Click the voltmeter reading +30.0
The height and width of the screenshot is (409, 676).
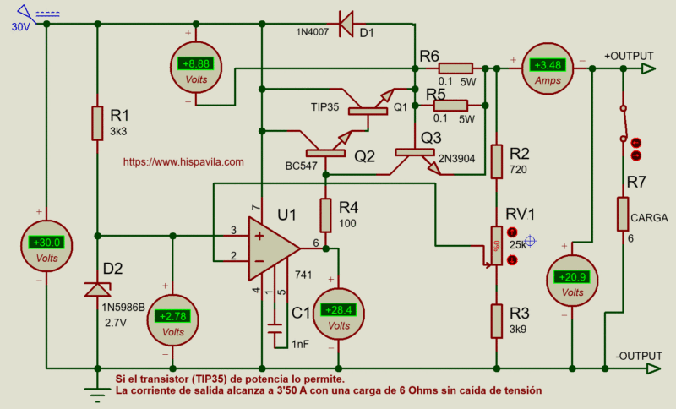coord(46,246)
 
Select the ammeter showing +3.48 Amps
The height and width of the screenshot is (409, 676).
coord(548,68)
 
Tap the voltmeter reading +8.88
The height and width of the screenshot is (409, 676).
coord(196,68)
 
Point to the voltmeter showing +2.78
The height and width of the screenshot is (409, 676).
coord(173,320)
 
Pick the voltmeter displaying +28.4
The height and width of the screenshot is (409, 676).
coord(339,314)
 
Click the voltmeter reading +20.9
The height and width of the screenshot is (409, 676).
coord(572,281)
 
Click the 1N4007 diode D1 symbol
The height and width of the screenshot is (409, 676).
coord(346,24)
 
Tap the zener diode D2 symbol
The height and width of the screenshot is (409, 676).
coord(97,290)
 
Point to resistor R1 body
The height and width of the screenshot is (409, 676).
coord(97,123)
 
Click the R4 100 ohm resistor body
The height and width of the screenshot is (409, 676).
coord(325,215)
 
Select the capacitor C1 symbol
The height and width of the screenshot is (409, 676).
coord(275,329)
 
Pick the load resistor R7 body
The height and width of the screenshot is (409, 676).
coord(623,214)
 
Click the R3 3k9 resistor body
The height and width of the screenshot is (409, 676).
coord(497,321)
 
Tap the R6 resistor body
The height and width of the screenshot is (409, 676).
coord(455,68)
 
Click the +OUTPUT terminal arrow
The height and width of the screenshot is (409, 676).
coord(648,68)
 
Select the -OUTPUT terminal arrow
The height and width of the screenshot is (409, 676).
coord(653,368)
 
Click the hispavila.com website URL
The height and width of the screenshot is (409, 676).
coord(183,161)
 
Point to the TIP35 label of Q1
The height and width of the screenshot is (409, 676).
coord(324,106)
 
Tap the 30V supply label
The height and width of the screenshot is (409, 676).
coord(20,27)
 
